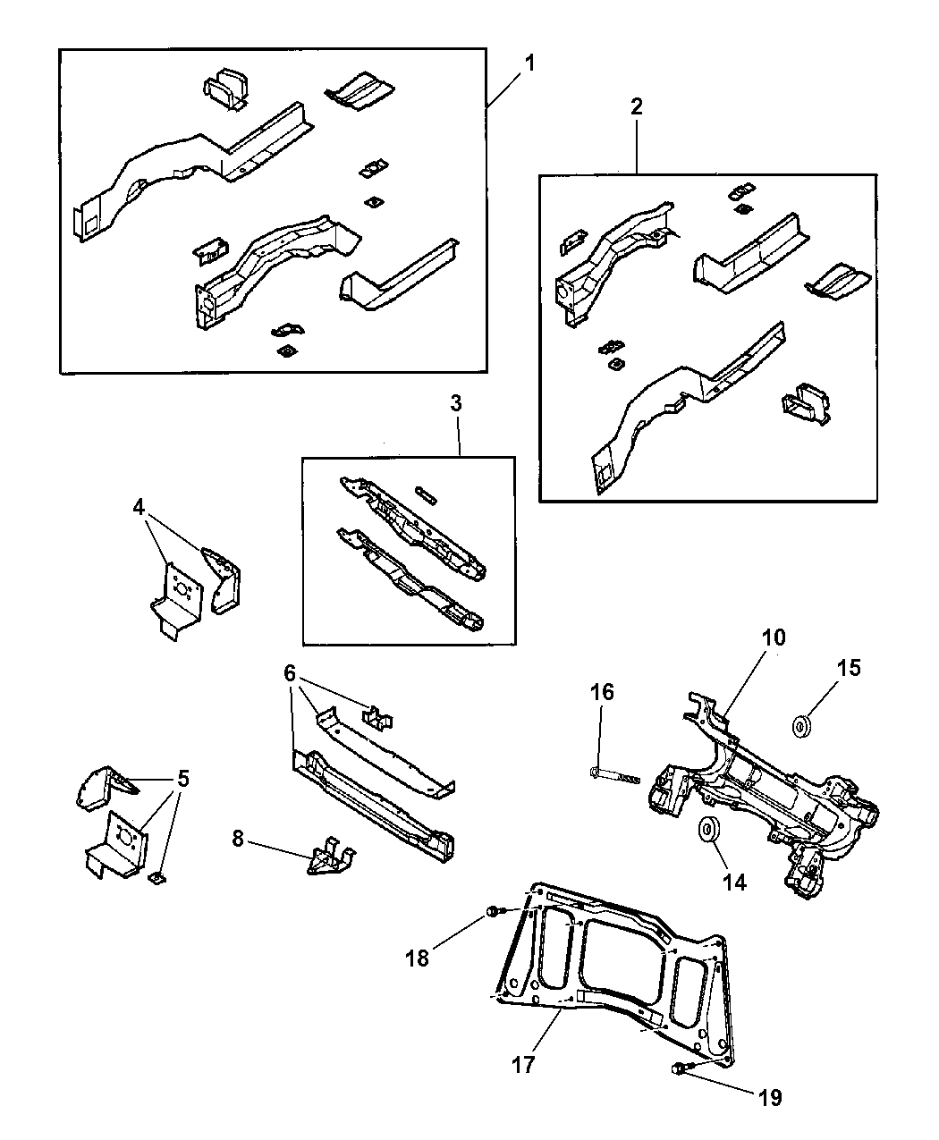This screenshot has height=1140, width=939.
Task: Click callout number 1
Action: pyautogui.click(x=529, y=64)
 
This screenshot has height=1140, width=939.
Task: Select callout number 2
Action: pyautogui.click(x=636, y=107)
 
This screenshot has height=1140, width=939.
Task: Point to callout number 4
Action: pyautogui.click(x=139, y=507)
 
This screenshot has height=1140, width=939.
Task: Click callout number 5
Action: pyautogui.click(x=183, y=779)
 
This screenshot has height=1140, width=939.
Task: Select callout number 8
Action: pyautogui.click(x=238, y=840)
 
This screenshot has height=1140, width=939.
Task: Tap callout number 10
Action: pyautogui.click(x=774, y=638)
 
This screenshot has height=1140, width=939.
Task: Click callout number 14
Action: pyautogui.click(x=734, y=882)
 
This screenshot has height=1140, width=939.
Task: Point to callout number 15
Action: pyautogui.click(x=849, y=667)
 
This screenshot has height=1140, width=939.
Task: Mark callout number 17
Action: pyautogui.click(x=523, y=1065)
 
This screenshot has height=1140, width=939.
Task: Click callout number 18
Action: pyautogui.click(x=418, y=958)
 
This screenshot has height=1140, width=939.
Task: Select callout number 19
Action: pyautogui.click(x=770, y=1097)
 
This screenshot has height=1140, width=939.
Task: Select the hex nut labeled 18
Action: pyautogui.click(x=493, y=912)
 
